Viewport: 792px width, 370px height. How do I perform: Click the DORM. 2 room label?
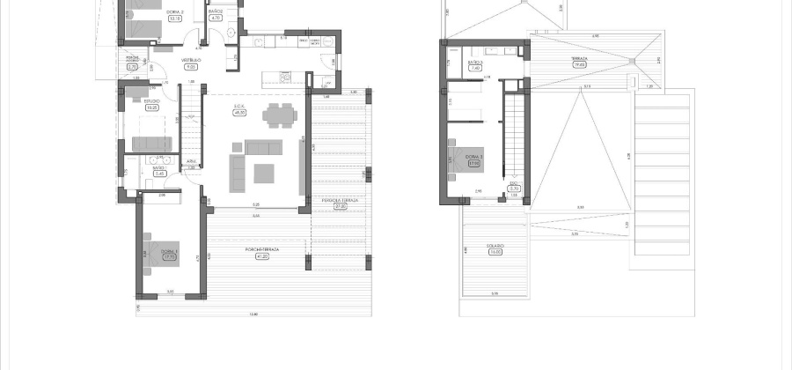click(175, 11)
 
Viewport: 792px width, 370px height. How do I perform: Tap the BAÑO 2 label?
click(216, 11)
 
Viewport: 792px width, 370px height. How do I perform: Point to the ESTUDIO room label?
click(151, 101)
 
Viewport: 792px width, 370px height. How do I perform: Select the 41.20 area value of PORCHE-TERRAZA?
click(263, 256)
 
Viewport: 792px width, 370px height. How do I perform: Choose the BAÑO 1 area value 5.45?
click(159, 174)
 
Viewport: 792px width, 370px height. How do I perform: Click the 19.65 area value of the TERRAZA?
click(579, 64)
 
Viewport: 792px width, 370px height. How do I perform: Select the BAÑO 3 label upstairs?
click(474, 62)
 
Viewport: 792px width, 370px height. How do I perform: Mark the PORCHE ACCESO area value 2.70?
click(133, 66)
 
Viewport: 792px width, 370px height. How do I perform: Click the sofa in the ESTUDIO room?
click(151, 144)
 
